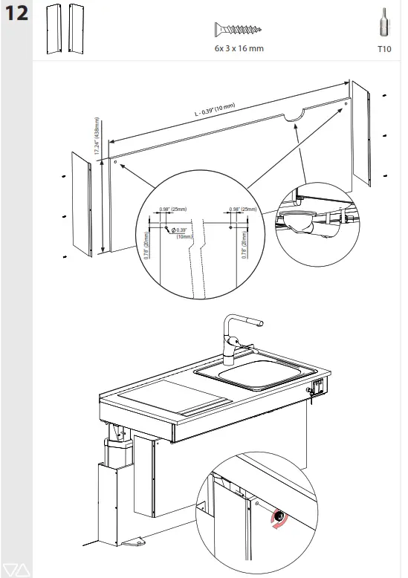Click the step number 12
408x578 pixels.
16,14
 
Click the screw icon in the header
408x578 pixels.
237,30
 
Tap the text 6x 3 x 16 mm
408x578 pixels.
238,48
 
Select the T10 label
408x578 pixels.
383,48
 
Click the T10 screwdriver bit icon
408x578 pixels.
383,22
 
